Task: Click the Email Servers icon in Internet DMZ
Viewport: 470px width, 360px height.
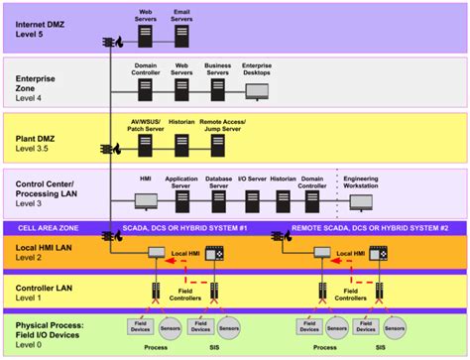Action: click(x=182, y=37)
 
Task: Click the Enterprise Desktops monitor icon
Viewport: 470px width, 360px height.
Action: click(x=258, y=91)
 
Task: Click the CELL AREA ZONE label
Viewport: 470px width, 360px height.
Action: click(x=51, y=227)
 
